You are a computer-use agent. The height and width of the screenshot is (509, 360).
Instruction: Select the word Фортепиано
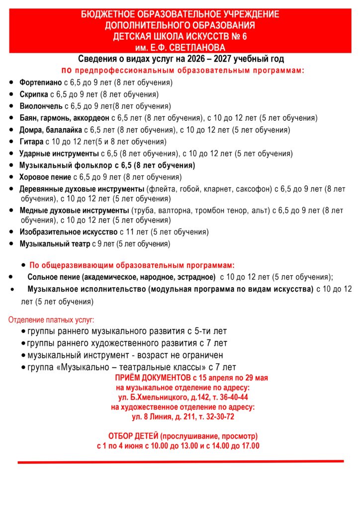[x=40, y=83]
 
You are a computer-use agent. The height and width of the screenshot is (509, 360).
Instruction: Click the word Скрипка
[x=34, y=94]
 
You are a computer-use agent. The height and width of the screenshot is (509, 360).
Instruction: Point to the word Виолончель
[x=41, y=106]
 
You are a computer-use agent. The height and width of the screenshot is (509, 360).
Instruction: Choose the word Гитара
[x=31, y=142]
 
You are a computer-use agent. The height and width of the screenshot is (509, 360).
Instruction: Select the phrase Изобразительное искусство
[x=69, y=232]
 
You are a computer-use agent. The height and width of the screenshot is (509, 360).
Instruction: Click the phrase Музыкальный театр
[x=55, y=244]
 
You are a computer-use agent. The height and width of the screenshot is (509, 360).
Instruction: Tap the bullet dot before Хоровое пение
[x=11, y=177]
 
